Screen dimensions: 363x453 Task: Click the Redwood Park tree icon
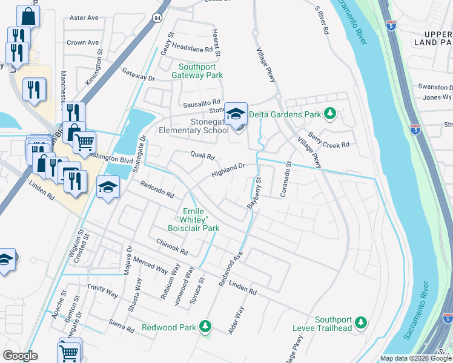click(205, 327)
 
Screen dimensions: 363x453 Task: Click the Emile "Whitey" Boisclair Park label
click(193, 220)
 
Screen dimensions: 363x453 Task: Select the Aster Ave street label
click(84, 18)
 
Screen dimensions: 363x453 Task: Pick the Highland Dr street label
click(228, 170)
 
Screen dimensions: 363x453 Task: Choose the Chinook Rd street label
click(173, 246)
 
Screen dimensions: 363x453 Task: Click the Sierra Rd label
click(122, 327)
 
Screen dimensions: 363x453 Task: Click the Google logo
click(20, 356)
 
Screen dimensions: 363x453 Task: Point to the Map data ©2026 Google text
click(415, 358)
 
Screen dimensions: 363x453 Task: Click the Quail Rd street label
click(203, 156)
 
